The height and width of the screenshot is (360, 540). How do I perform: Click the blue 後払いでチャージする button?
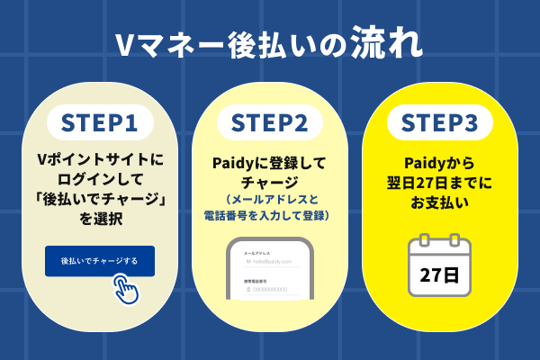[100, 261]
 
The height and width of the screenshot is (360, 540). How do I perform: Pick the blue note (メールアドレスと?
[270, 200]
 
